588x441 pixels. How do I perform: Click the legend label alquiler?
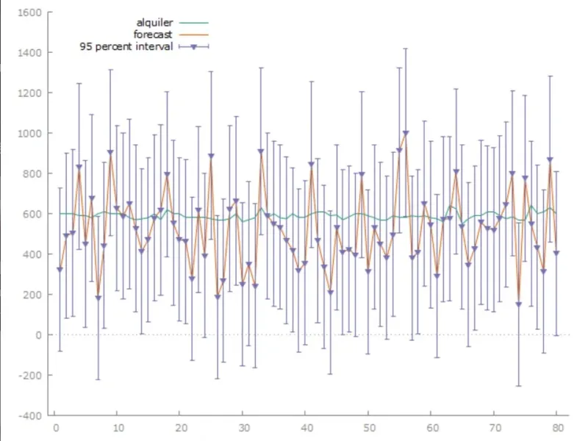155,23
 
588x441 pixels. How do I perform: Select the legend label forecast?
154,35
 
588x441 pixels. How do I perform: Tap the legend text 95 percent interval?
126,47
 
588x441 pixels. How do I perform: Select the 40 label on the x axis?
306,426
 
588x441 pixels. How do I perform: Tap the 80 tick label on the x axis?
558,426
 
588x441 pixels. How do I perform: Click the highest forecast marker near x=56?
406,134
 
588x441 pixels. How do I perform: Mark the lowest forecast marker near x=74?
519,304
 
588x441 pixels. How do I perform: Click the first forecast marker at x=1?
60,270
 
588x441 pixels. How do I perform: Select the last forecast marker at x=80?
556,254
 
